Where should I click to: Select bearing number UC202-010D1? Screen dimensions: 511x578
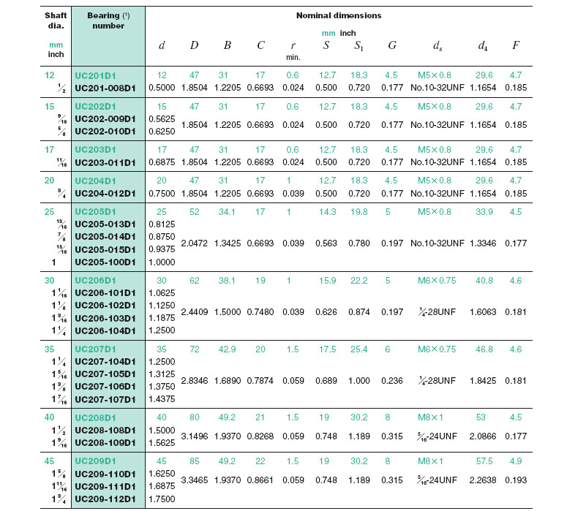coord(106,132)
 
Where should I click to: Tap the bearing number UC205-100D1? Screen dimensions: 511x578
coord(106,262)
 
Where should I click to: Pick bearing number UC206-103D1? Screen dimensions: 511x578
coord(106,318)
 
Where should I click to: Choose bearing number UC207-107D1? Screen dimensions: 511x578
coord(106,399)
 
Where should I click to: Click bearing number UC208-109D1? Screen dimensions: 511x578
coord(106,443)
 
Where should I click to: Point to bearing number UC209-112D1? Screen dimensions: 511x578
coord(106,499)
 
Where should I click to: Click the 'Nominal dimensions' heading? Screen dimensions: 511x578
coord(338,15)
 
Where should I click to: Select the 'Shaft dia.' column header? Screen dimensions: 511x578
coord(56,20)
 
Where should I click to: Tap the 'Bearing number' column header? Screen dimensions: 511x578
coord(108,20)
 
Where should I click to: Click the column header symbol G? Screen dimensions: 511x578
coord(392,45)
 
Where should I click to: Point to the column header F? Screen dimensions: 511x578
coord(516,45)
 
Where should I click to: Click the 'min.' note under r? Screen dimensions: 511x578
coord(293,56)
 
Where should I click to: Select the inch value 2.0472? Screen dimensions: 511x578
coord(194,243)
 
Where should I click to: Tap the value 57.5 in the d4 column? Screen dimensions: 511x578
coord(483,461)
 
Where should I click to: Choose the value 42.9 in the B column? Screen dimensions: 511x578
coord(228,349)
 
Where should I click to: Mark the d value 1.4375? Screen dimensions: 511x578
coord(162,399)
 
